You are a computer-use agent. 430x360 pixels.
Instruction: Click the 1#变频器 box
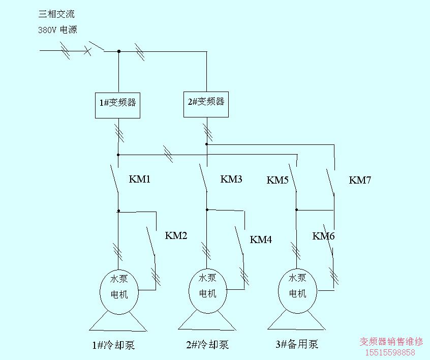pyautogui.click(x=118, y=105)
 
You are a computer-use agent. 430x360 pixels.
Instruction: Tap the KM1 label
pyautogui.click(x=140, y=179)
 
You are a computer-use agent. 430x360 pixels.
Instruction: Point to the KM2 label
pyautogui.click(x=176, y=236)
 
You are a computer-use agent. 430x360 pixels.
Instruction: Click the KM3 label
pyautogui.click(x=231, y=179)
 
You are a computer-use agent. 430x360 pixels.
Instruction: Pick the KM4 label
pyautogui.click(x=261, y=240)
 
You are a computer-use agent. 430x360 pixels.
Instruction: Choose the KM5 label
pyautogui.click(x=278, y=180)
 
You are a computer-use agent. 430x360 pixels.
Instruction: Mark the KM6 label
pyautogui.click(x=323, y=236)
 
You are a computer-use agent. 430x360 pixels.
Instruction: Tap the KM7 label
pyautogui.click(x=360, y=180)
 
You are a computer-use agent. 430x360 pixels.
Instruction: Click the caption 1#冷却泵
pyautogui.click(x=113, y=345)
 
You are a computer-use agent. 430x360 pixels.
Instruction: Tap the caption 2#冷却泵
pyautogui.click(x=207, y=345)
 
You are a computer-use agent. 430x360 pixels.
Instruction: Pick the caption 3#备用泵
pyautogui.click(x=297, y=345)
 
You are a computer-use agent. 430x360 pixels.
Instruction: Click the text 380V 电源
pyautogui.click(x=57, y=29)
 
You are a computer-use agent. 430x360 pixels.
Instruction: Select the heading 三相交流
pyautogui.click(x=56, y=14)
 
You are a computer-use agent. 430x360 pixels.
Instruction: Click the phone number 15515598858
pyautogui.click(x=390, y=352)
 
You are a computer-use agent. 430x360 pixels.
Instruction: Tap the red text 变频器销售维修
pyautogui.click(x=391, y=342)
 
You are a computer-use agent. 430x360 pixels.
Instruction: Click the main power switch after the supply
pyautogui.click(x=95, y=47)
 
